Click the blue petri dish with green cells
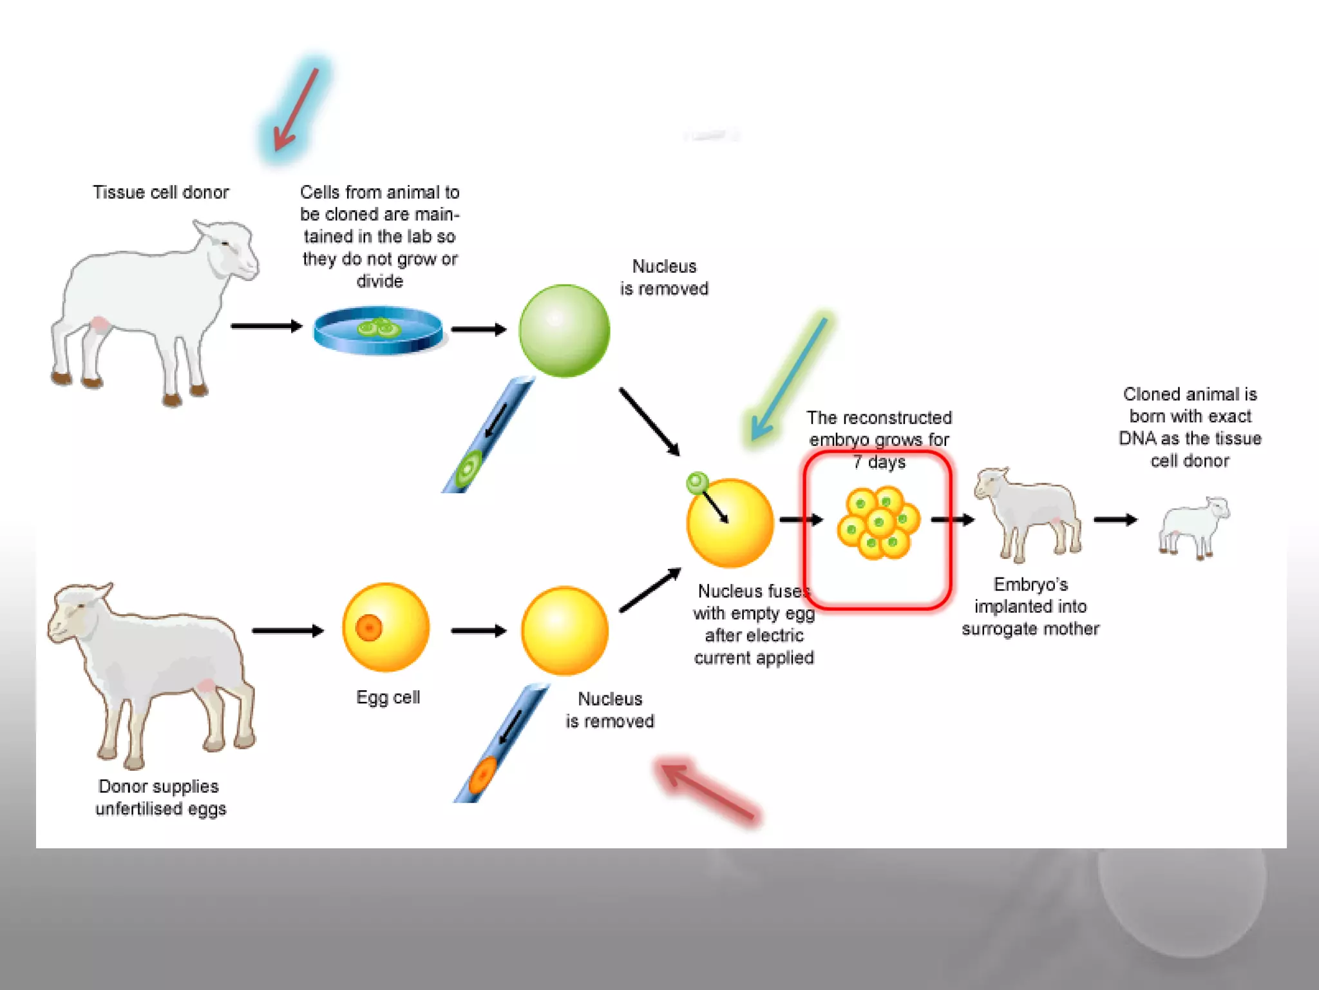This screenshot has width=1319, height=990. click(378, 330)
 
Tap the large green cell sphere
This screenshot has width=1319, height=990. click(564, 331)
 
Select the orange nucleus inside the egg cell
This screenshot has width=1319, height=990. click(369, 626)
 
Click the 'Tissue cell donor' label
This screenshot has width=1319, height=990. click(161, 192)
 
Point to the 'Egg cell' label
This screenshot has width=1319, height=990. click(388, 697)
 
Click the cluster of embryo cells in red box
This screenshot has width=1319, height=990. click(878, 523)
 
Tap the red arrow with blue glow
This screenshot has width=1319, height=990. click(296, 110)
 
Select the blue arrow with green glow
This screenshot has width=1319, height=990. click(789, 380)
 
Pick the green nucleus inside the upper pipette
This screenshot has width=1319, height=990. click(468, 469)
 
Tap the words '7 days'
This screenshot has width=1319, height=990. click(879, 462)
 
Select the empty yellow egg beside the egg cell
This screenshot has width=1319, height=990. click(565, 630)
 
